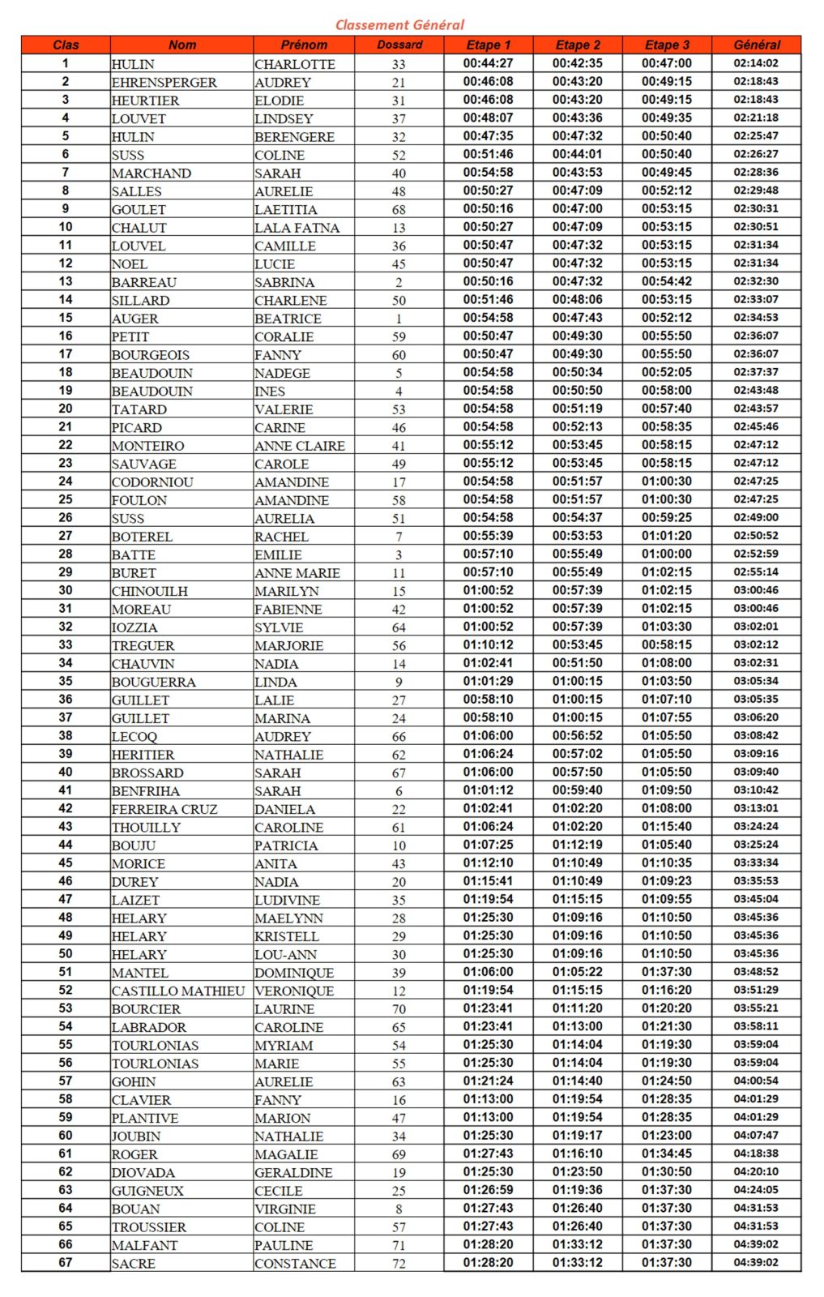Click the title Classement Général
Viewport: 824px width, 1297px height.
[399, 24]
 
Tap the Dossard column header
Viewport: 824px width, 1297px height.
[399, 45]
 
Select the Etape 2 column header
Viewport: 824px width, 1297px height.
[578, 45]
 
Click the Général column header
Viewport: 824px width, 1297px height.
[756, 45]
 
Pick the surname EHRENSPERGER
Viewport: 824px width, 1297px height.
[164, 82]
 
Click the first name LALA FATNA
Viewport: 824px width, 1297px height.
[297, 228]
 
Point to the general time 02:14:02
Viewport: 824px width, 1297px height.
[756, 63]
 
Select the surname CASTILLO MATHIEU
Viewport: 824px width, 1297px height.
[178, 991]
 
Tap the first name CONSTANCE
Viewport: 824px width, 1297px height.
[295, 1263]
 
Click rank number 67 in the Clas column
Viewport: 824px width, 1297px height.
[66, 1262]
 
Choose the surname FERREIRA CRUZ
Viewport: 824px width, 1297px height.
[164, 809]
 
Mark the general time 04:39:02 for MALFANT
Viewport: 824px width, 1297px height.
[756, 1244]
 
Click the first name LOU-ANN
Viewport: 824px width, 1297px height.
[285, 954]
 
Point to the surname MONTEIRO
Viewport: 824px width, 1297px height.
[147, 446]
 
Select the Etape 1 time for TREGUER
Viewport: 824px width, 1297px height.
[488, 644]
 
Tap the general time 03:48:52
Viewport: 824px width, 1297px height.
[756, 972]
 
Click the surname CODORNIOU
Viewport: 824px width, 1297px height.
[152, 482]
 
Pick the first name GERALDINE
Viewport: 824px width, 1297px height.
[293, 1172]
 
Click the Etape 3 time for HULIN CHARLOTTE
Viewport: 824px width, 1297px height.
[667, 63]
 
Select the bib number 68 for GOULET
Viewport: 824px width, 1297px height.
[399, 209]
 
